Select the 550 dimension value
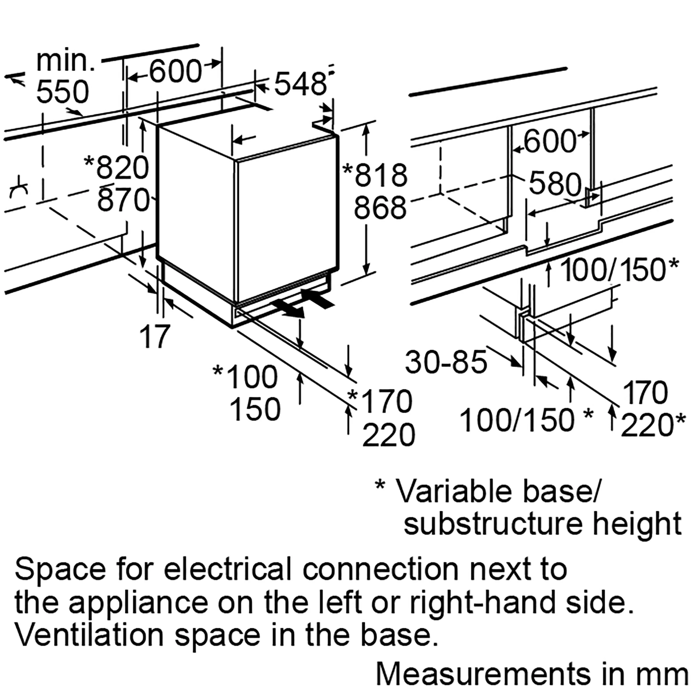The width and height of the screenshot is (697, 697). pyautogui.click(x=62, y=92)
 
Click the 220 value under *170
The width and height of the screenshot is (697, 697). pyautogui.click(x=388, y=435)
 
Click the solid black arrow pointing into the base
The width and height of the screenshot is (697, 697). pyautogui.click(x=318, y=299)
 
